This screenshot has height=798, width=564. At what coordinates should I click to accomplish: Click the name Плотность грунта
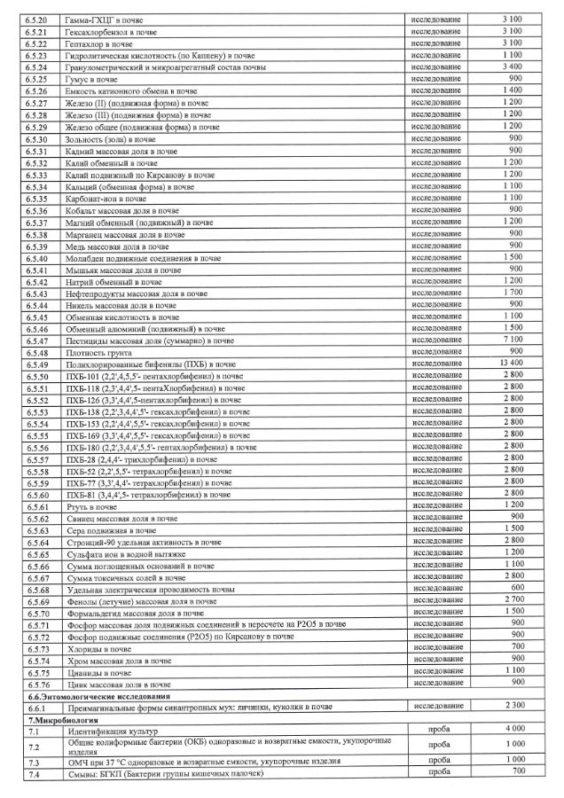click(x=97, y=351)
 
